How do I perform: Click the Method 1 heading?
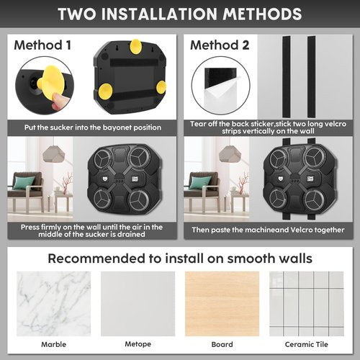click(x=42, y=45)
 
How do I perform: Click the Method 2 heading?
click(x=220, y=45)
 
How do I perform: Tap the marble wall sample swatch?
click(x=53, y=304)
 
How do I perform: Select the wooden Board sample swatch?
click(x=222, y=304)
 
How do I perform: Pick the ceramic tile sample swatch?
click(x=307, y=304)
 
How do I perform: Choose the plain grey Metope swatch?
click(x=138, y=304)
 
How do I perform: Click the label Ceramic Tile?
click(x=307, y=344)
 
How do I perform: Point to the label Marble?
click(x=53, y=344)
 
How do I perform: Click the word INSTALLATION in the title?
click(x=159, y=14)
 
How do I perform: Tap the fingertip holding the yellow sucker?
click(x=57, y=102)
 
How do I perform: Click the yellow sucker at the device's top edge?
click(x=136, y=47)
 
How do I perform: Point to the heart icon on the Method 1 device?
click(x=105, y=179)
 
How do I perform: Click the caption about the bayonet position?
click(x=93, y=127)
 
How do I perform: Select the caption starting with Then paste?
click(x=268, y=230)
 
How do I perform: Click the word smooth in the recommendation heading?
click(x=249, y=258)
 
